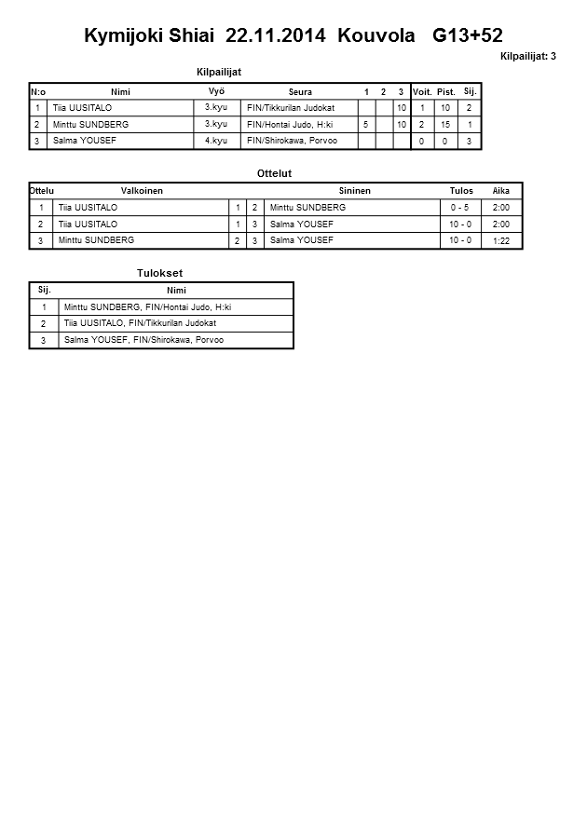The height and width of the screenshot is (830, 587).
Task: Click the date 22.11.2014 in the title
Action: point(276,36)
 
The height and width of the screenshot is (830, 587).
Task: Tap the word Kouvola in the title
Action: point(377,36)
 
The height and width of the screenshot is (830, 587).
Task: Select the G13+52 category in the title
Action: point(468,36)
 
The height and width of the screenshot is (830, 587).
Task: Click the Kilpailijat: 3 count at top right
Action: point(528,57)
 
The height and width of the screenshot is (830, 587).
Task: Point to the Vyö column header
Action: point(216,91)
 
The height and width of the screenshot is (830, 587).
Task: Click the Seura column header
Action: point(300,92)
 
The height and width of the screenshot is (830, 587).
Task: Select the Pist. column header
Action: point(445,92)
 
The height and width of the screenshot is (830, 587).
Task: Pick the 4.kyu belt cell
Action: point(216,140)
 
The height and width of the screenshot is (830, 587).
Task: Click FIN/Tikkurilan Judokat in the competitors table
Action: point(290,108)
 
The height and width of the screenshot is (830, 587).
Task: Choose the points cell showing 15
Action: point(445,125)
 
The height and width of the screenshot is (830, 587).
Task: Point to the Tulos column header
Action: point(461,190)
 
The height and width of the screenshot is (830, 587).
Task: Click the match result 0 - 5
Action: point(460,208)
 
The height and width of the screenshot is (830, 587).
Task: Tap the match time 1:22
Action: point(500,241)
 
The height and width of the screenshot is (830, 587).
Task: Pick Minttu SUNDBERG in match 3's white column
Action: point(96,240)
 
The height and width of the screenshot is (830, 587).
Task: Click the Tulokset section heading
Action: point(160,273)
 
